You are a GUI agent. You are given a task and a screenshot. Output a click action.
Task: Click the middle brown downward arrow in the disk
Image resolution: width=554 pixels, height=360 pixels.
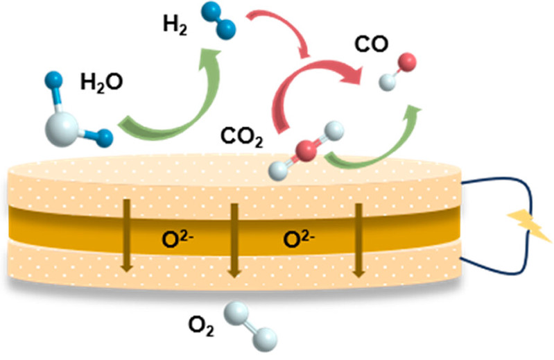234,239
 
